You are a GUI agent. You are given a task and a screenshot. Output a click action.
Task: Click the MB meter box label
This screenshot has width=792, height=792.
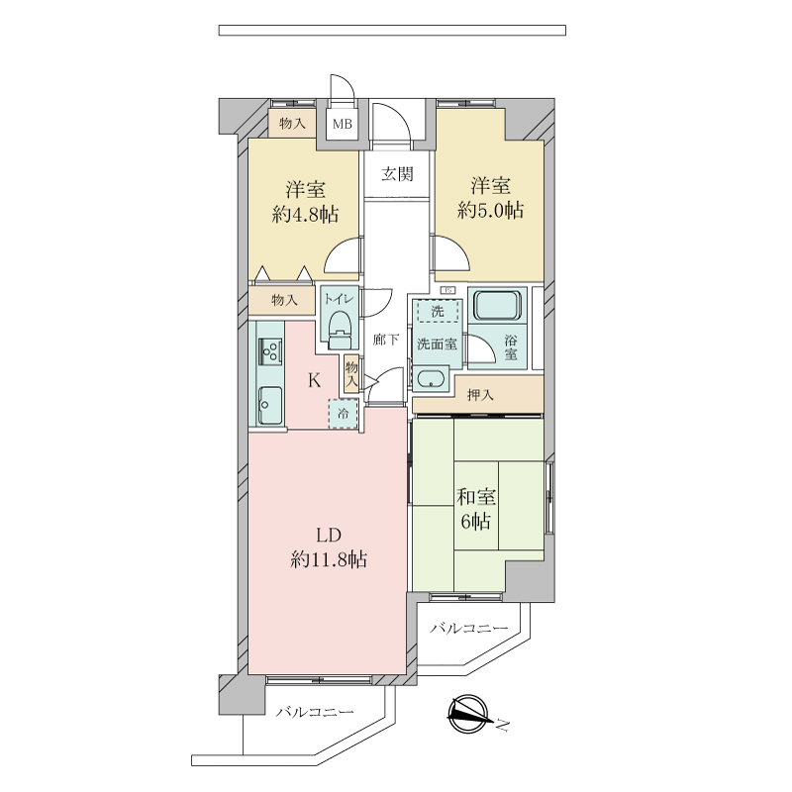tap(342, 123)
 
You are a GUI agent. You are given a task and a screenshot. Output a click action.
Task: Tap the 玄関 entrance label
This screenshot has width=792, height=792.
tap(397, 174)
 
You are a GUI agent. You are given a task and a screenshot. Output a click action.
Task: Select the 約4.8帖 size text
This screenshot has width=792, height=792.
tap(305, 215)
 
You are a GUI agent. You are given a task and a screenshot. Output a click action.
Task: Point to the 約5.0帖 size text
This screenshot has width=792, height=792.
tap(490, 210)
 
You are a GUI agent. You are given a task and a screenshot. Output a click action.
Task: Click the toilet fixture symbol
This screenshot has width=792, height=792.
tap(340, 331)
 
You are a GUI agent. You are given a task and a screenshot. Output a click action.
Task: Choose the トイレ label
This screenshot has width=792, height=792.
tap(340, 299)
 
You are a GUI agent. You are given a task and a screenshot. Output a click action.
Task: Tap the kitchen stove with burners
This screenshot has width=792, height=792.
tap(269, 351)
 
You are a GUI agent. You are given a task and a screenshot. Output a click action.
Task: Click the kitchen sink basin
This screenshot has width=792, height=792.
tap(270, 405)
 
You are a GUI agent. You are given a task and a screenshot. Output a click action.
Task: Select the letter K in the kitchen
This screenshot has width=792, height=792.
tap(314, 380)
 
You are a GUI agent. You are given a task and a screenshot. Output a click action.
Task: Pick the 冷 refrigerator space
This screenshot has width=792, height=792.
tap(343, 414)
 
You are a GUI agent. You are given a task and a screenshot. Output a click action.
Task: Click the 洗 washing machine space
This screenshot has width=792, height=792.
tap(438, 311)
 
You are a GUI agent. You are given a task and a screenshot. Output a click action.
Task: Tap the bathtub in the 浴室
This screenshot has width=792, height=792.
tap(497, 305)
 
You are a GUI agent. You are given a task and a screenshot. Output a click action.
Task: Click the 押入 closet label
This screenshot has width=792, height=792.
tap(480, 395)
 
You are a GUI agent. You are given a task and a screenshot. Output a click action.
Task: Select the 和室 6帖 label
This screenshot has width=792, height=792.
tap(476, 509)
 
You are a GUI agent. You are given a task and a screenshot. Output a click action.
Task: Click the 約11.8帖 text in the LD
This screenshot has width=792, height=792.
tap(329, 559)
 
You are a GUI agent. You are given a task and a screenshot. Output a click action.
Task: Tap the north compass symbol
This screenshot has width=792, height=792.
tap(469, 714)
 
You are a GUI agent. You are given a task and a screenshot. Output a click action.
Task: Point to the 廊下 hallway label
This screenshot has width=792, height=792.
tap(386, 340)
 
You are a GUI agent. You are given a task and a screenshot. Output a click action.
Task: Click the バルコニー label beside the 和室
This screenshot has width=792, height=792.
tap(468, 629)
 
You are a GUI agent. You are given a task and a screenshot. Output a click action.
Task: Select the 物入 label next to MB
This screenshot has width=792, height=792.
tap(292, 123)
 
